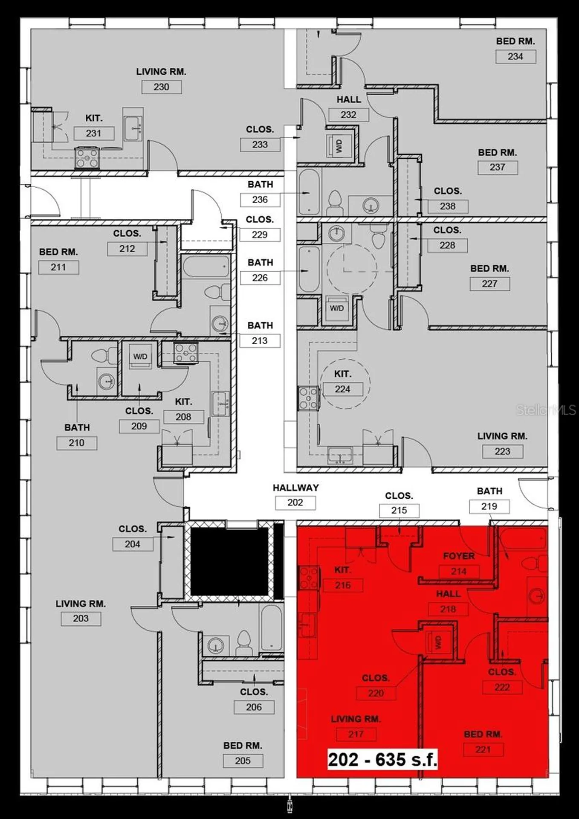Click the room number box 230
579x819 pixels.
[161, 87]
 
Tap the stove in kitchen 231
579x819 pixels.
[87, 158]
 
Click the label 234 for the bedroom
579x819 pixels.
[515, 56]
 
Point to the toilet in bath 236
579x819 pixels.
[335, 203]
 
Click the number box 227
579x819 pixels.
[489, 284]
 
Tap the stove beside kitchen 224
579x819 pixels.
[308, 398]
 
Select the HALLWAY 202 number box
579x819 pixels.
[295, 502]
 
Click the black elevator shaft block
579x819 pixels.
[229, 561]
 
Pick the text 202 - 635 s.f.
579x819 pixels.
[382, 760]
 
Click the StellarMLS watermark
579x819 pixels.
[546, 410]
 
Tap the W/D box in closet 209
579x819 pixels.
[140, 356]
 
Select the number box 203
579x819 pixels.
[81, 619]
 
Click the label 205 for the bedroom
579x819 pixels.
[243, 761]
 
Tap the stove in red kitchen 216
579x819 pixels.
[309, 578]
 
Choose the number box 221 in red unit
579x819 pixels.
[483, 749]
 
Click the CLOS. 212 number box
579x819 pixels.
[127, 249]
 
